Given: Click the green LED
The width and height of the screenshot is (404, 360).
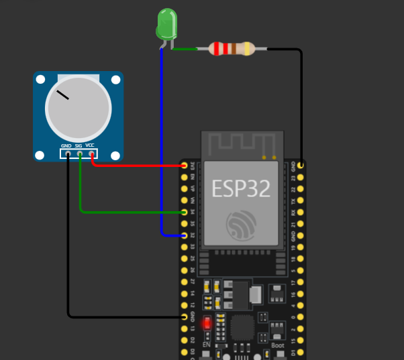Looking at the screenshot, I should [x=166, y=24].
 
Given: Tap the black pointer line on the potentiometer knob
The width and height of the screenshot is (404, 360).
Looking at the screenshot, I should [x=62, y=95].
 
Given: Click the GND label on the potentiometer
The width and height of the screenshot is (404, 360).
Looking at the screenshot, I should [x=66, y=145].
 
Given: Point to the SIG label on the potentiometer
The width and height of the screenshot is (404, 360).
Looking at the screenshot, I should [x=79, y=145].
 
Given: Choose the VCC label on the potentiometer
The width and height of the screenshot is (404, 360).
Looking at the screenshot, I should [x=90, y=145].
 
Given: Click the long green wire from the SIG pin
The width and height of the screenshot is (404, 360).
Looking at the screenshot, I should [x=128, y=213].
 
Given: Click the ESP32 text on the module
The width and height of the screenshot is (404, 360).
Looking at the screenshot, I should [x=242, y=188].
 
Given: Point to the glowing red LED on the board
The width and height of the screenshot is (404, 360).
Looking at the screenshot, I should [x=207, y=323].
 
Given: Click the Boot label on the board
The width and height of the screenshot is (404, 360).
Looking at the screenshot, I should [x=278, y=345].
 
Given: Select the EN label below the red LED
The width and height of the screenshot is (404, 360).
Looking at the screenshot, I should [x=207, y=344].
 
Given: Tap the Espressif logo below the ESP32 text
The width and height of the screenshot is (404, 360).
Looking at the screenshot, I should [x=242, y=226].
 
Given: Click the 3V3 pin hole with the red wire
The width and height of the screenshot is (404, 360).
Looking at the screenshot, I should [x=185, y=165].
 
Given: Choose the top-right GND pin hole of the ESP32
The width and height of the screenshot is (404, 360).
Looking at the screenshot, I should [x=301, y=165].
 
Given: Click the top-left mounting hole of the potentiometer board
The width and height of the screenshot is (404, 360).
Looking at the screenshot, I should [x=40, y=80].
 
